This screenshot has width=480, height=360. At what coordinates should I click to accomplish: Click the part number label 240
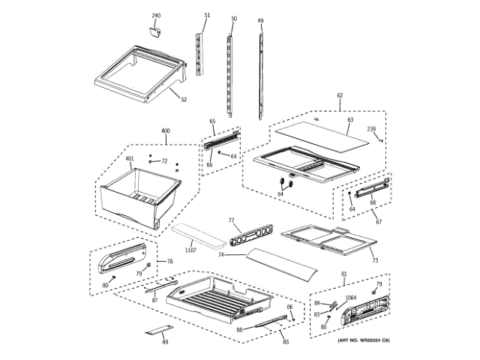click(x=156, y=16)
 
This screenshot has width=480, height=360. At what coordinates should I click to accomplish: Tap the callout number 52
click(x=183, y=99)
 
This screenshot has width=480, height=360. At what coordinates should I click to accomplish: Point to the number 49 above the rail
click(x=260, y=19)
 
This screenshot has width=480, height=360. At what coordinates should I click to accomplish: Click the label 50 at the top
click(x=233, y=18)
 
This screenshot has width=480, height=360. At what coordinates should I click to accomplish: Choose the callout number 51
click(x=207, y=16)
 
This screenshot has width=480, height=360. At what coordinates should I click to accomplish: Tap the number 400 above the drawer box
click(x=165, y=131)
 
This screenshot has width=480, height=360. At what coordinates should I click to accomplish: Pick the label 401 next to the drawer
click(x=129, y=158)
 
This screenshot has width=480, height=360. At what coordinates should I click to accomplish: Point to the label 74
click(x=221, y=256)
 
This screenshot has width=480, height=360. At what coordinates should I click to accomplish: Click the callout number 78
click(x=169, y=261)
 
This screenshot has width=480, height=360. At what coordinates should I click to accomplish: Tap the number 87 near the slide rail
click(x=154, y=300)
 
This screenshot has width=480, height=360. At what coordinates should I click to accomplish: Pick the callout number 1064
click(x=350, y=298)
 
